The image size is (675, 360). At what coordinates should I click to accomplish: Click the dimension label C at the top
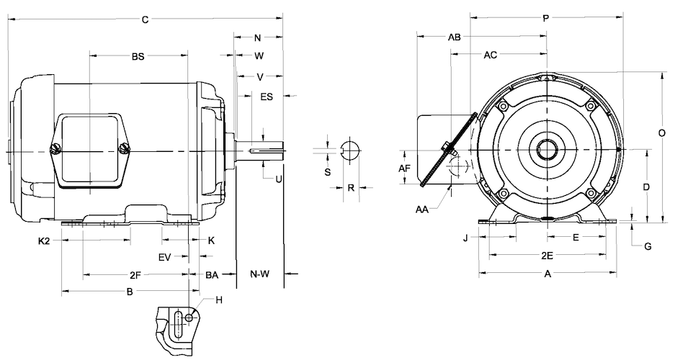(145, 20)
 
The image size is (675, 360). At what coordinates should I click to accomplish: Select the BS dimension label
(138, 55)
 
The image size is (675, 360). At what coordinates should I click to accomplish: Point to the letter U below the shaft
(277, 179)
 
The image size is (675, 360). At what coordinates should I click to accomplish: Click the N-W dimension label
(260, 274)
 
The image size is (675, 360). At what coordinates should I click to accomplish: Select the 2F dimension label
(135, 274)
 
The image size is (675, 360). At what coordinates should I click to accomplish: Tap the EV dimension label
(164, 256)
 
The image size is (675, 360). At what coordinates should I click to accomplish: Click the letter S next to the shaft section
(327, 173)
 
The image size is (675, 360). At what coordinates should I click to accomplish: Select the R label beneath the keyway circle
(350, 187)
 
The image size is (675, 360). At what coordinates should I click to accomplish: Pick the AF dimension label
(404, 168)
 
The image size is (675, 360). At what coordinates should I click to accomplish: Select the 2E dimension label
(547, 255)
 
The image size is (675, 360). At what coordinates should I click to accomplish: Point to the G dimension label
(648, 246)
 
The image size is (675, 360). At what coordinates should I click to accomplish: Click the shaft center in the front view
(547, 150)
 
